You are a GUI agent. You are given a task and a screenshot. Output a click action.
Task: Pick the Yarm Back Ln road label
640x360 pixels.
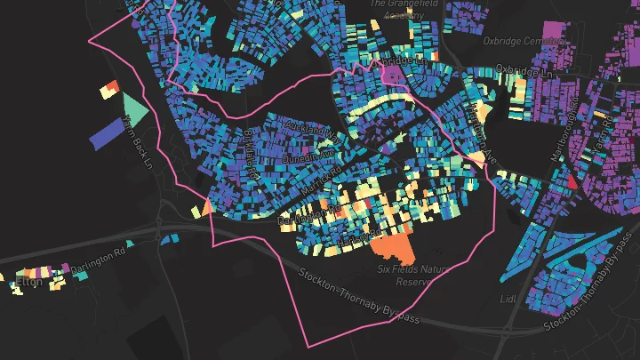click(x=140, y=147)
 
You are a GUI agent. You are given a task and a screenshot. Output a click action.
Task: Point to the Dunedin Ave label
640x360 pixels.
click(x=305, y=157)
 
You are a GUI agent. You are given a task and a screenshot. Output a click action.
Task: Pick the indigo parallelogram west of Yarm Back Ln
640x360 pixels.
click(x=109, y=132)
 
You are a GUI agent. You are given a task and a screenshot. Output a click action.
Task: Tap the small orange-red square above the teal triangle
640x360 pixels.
click(x=110, y=88)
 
